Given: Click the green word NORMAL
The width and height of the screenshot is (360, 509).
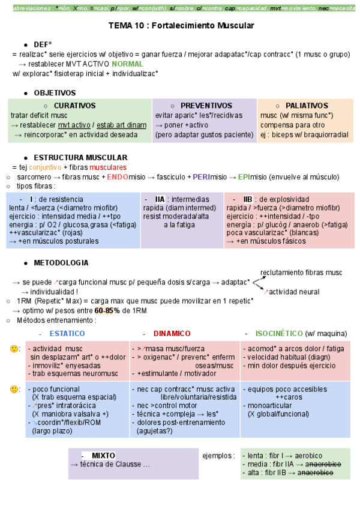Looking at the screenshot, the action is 127,64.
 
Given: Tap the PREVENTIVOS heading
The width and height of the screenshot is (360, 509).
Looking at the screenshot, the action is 206,105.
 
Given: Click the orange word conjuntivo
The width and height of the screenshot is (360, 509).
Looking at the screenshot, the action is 45,167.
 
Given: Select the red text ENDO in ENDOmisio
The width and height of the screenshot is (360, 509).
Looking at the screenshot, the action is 118,177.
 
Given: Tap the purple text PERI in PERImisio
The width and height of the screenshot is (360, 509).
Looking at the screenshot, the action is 202,177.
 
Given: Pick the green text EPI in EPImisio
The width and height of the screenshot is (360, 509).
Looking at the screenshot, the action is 244,177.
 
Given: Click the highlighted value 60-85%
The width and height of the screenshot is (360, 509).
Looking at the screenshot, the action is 107,310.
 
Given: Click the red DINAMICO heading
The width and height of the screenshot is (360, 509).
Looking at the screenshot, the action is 172,333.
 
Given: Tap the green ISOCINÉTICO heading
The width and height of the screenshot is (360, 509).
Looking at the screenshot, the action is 279,333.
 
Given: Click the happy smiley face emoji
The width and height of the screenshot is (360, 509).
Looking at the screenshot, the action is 13,349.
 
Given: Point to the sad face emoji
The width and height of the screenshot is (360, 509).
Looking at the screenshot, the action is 13,389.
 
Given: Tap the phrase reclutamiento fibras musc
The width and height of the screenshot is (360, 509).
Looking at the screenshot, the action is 301,272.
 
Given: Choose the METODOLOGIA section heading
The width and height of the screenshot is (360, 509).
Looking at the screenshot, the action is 61,263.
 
